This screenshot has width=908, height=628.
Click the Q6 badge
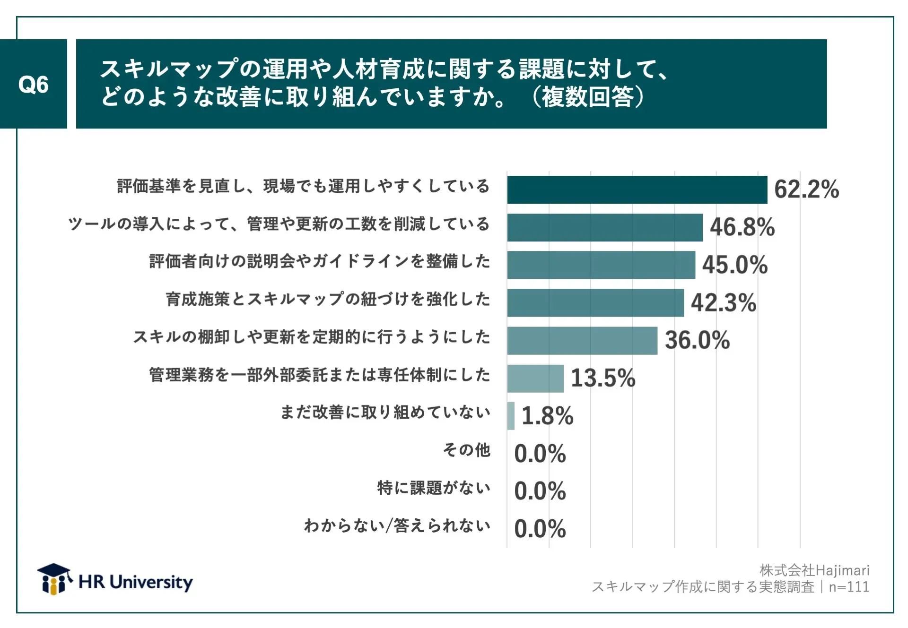(33, 84)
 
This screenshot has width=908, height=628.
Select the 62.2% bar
(637, 190)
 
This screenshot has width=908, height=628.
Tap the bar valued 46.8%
(604, 228)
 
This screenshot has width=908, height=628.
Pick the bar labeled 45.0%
(601, 265)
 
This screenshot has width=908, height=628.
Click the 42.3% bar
(595, 303)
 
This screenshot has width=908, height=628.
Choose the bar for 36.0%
(582, 341)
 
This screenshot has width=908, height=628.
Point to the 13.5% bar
(535, 379)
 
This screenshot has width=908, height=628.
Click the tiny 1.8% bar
(511, 416)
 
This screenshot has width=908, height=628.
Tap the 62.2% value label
(806, 189)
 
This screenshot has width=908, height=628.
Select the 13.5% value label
(603, 378)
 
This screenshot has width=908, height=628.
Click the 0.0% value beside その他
(540, 454)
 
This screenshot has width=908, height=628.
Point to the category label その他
(466, 450)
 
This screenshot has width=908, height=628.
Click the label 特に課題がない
(433, 488)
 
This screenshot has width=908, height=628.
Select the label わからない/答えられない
(397, 525)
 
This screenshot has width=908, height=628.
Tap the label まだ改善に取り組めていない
(385, 412)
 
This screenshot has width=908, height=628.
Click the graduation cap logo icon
(54, 578)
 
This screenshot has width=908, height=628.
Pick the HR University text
(136, 582)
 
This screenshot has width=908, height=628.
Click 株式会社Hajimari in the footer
(814, 570)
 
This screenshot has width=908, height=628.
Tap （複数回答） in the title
(588, 97)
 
